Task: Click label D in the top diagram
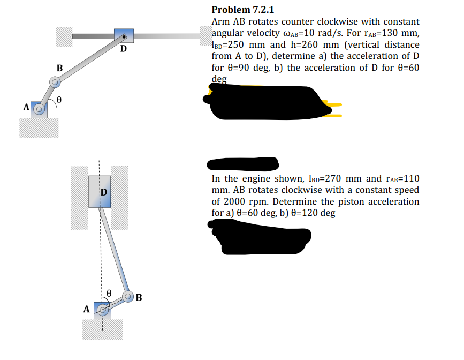click(x=124, y=50)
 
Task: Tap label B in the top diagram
click(x=59, y=68)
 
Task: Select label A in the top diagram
click(x=26, y=107)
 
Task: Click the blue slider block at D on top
click(x=124, y=36)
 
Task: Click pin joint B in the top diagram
click(x=55, y=82)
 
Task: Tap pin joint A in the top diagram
click(x=39, y=109)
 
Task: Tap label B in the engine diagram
click(x=139, y=298)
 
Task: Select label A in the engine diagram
click(x=86, y=309)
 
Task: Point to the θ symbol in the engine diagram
click(x=109, y=293)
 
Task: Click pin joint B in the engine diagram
click(x=128, y=296)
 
